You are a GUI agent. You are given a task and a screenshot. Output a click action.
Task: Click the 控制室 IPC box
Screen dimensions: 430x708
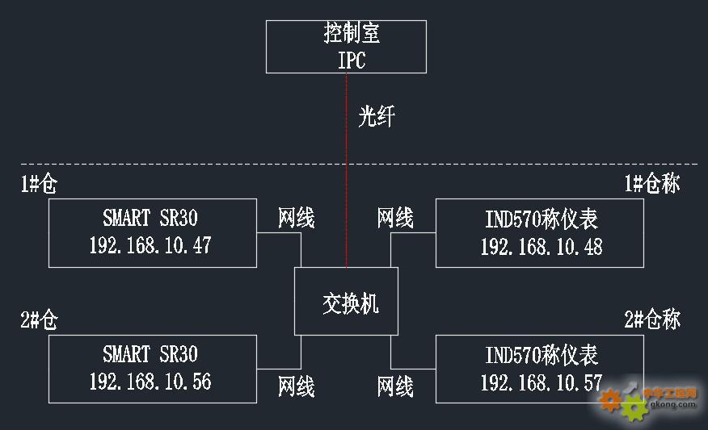click(346, 47)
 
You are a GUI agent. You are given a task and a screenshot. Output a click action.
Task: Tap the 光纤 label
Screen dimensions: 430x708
click(377, 118)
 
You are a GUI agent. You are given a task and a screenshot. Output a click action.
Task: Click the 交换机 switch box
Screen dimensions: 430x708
click(346, 303)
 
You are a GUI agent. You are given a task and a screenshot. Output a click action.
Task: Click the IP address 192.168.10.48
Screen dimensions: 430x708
click(541, 246)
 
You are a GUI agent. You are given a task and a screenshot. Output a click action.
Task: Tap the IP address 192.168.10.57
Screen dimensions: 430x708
click(541, 382)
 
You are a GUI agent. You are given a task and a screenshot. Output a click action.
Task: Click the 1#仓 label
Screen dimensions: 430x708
click(39, 185)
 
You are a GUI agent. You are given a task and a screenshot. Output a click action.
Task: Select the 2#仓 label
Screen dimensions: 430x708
click(39, 320)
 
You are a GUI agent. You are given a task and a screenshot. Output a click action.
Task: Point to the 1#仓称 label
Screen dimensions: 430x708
click(651, 184)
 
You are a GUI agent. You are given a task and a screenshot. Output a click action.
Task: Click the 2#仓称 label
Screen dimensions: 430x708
click(651, 320)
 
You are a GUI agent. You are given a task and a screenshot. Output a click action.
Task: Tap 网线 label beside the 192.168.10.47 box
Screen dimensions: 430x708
click(296, 217)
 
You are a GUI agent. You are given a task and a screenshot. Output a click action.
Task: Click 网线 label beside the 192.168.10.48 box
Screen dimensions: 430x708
click(395, 217)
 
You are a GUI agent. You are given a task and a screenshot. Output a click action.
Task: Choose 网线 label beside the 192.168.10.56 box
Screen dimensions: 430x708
click(296, 386)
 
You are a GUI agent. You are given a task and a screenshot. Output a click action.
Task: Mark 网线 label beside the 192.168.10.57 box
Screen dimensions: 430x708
click(395, 386)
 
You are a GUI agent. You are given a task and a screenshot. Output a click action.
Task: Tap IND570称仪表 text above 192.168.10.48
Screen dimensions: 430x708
click(541, 219)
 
